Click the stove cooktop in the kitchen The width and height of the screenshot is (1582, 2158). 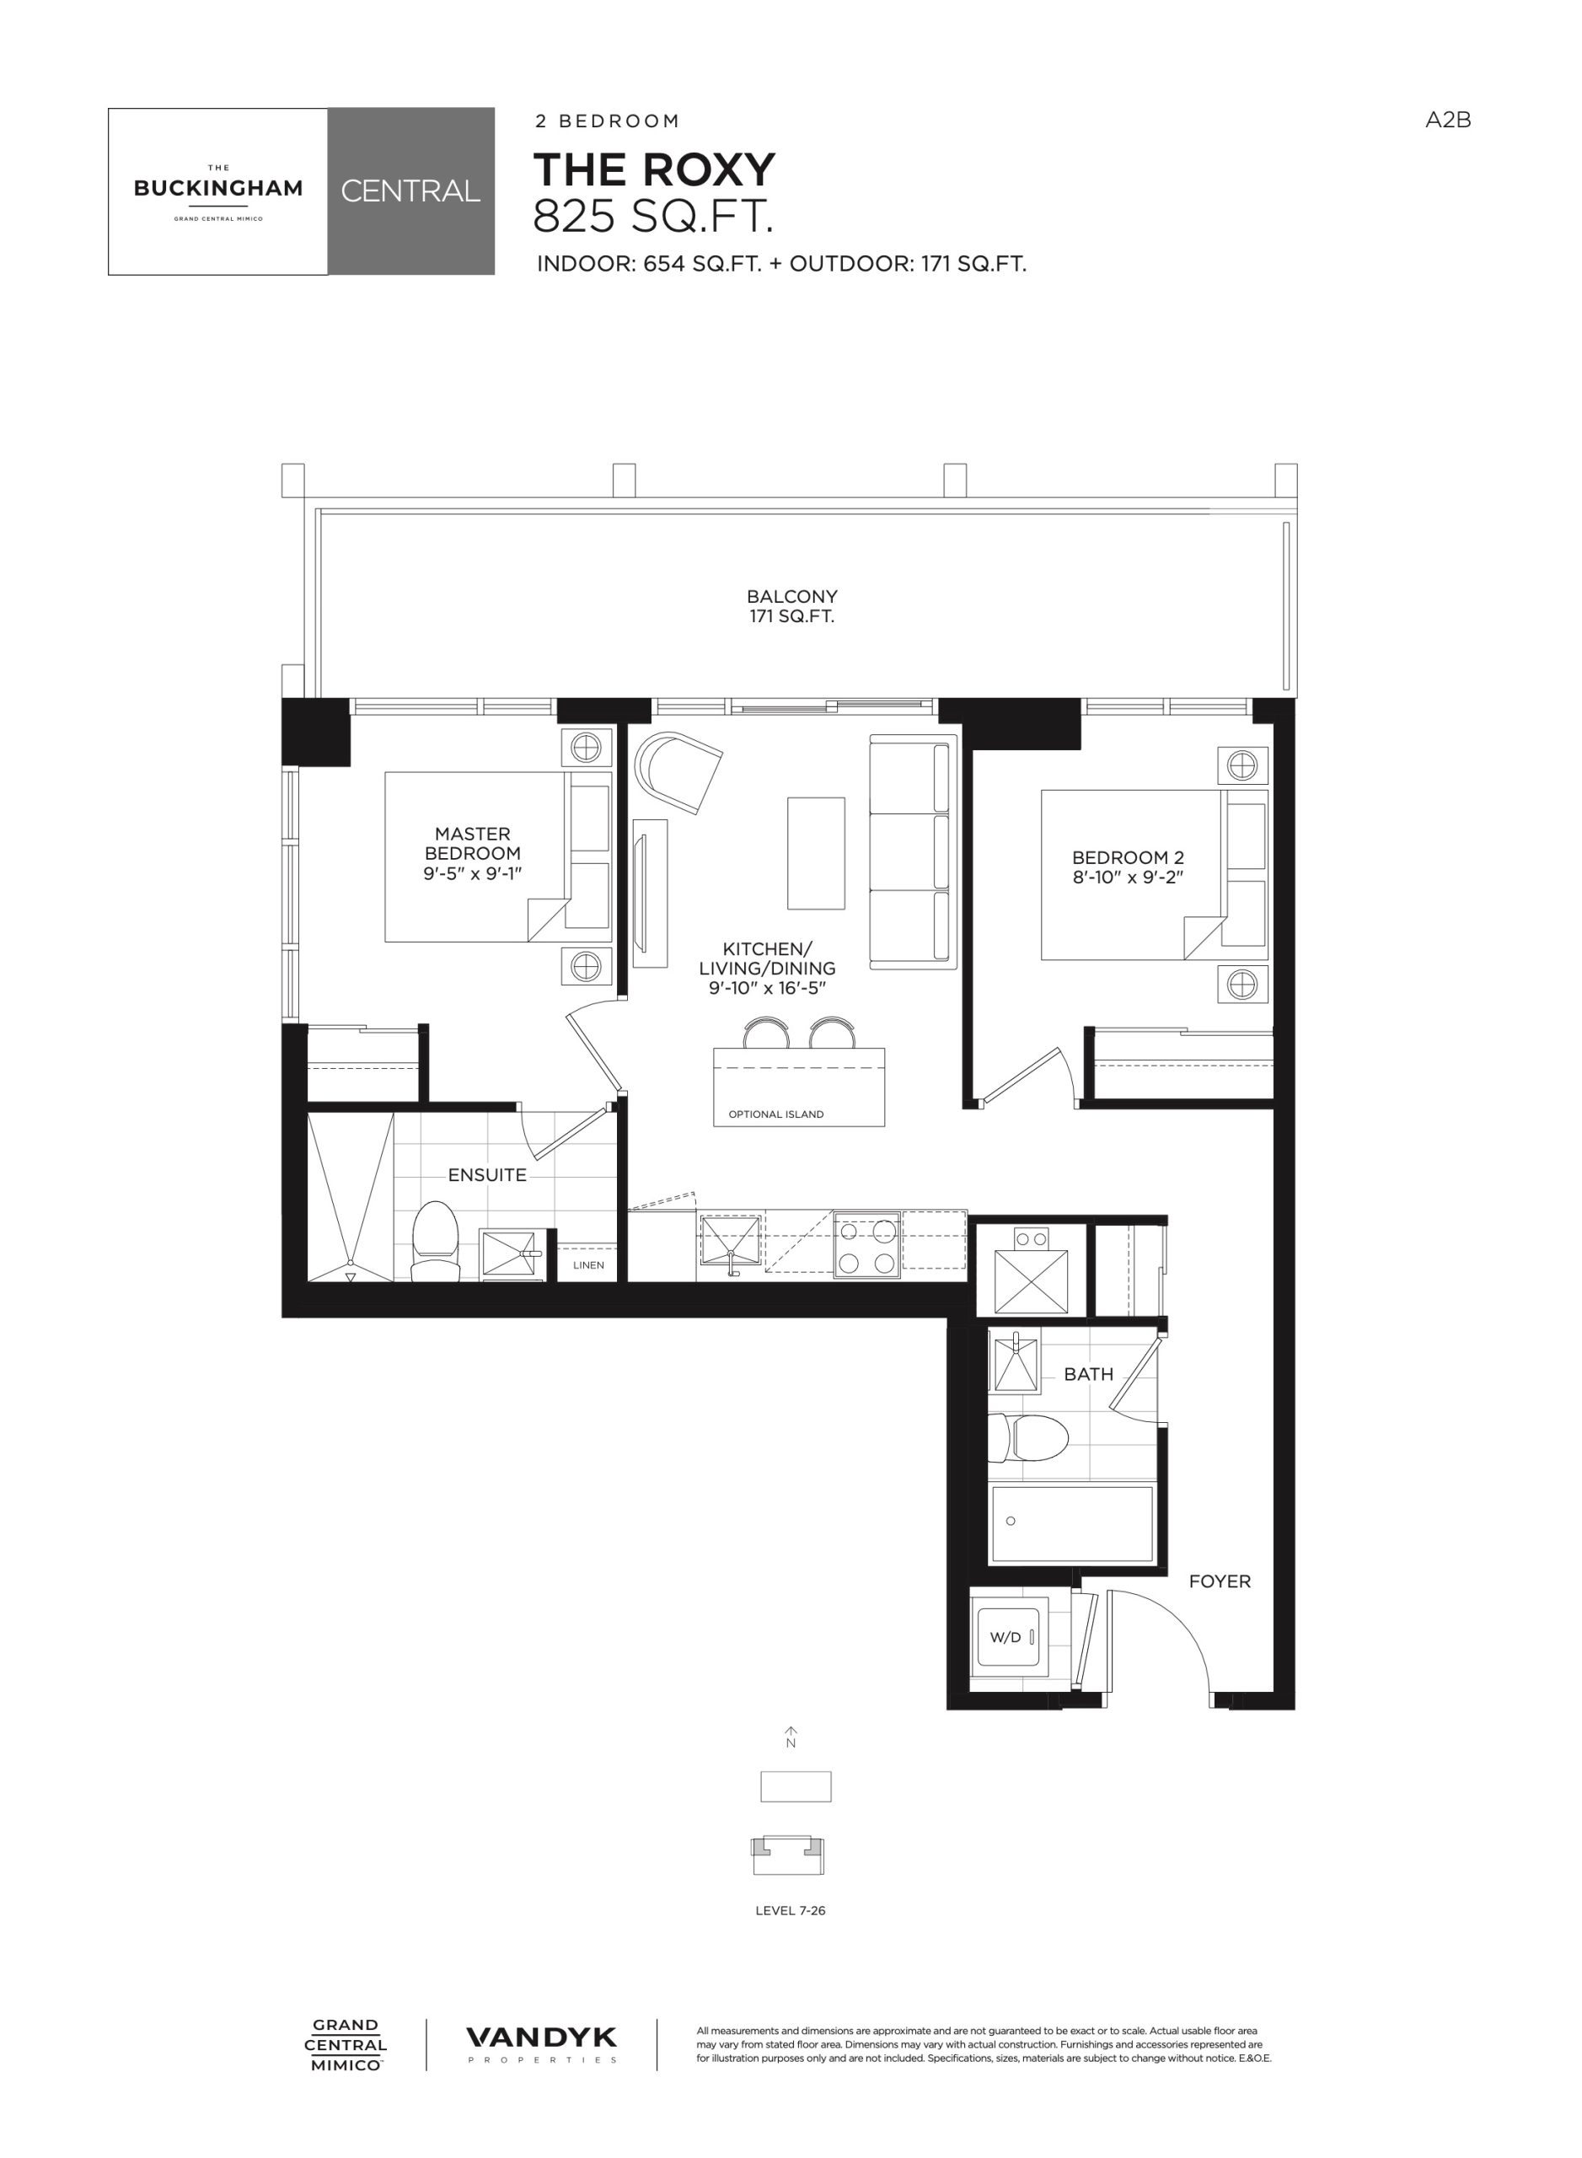(x=867, y=1244)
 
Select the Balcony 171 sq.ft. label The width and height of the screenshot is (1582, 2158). (x=792, y=606)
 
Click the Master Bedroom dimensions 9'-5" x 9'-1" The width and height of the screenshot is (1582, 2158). (x=472, y=873)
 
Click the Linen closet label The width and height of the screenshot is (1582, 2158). (x=588, y=1264)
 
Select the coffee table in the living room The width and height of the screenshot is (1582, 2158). (x=816, y=852)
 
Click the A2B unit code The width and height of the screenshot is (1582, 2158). (x=1447, y=120)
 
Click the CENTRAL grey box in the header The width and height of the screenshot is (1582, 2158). (x=410, y=191)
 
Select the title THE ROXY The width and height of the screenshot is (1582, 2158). (x=654, y=169)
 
